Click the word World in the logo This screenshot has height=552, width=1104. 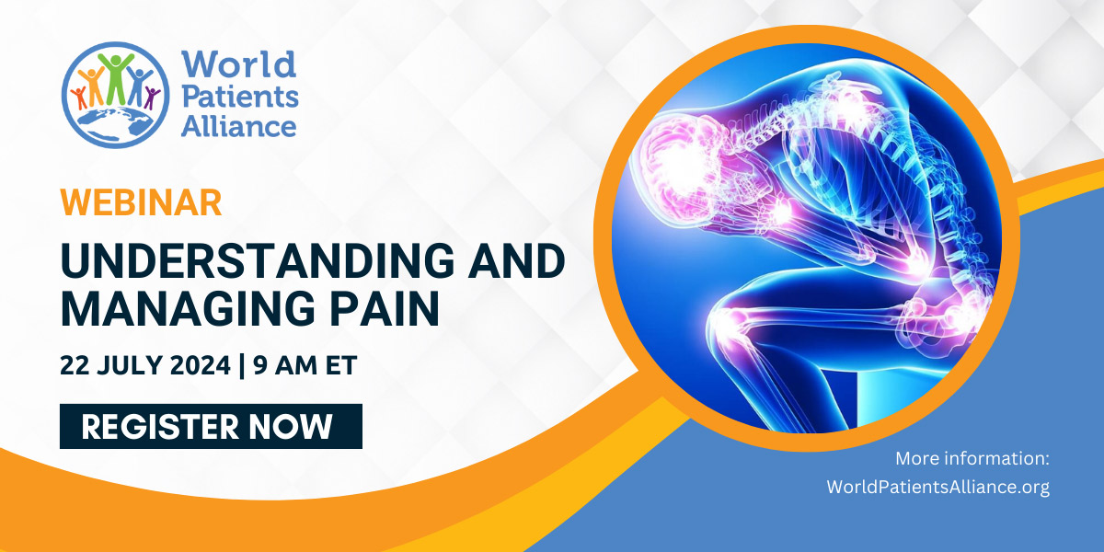(238, 65)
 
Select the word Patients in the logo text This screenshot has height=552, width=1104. (238, 95)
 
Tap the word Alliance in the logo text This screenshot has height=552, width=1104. (238, 125)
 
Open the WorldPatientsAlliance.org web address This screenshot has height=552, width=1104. (937, 488)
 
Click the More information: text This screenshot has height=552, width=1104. (972, 458)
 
